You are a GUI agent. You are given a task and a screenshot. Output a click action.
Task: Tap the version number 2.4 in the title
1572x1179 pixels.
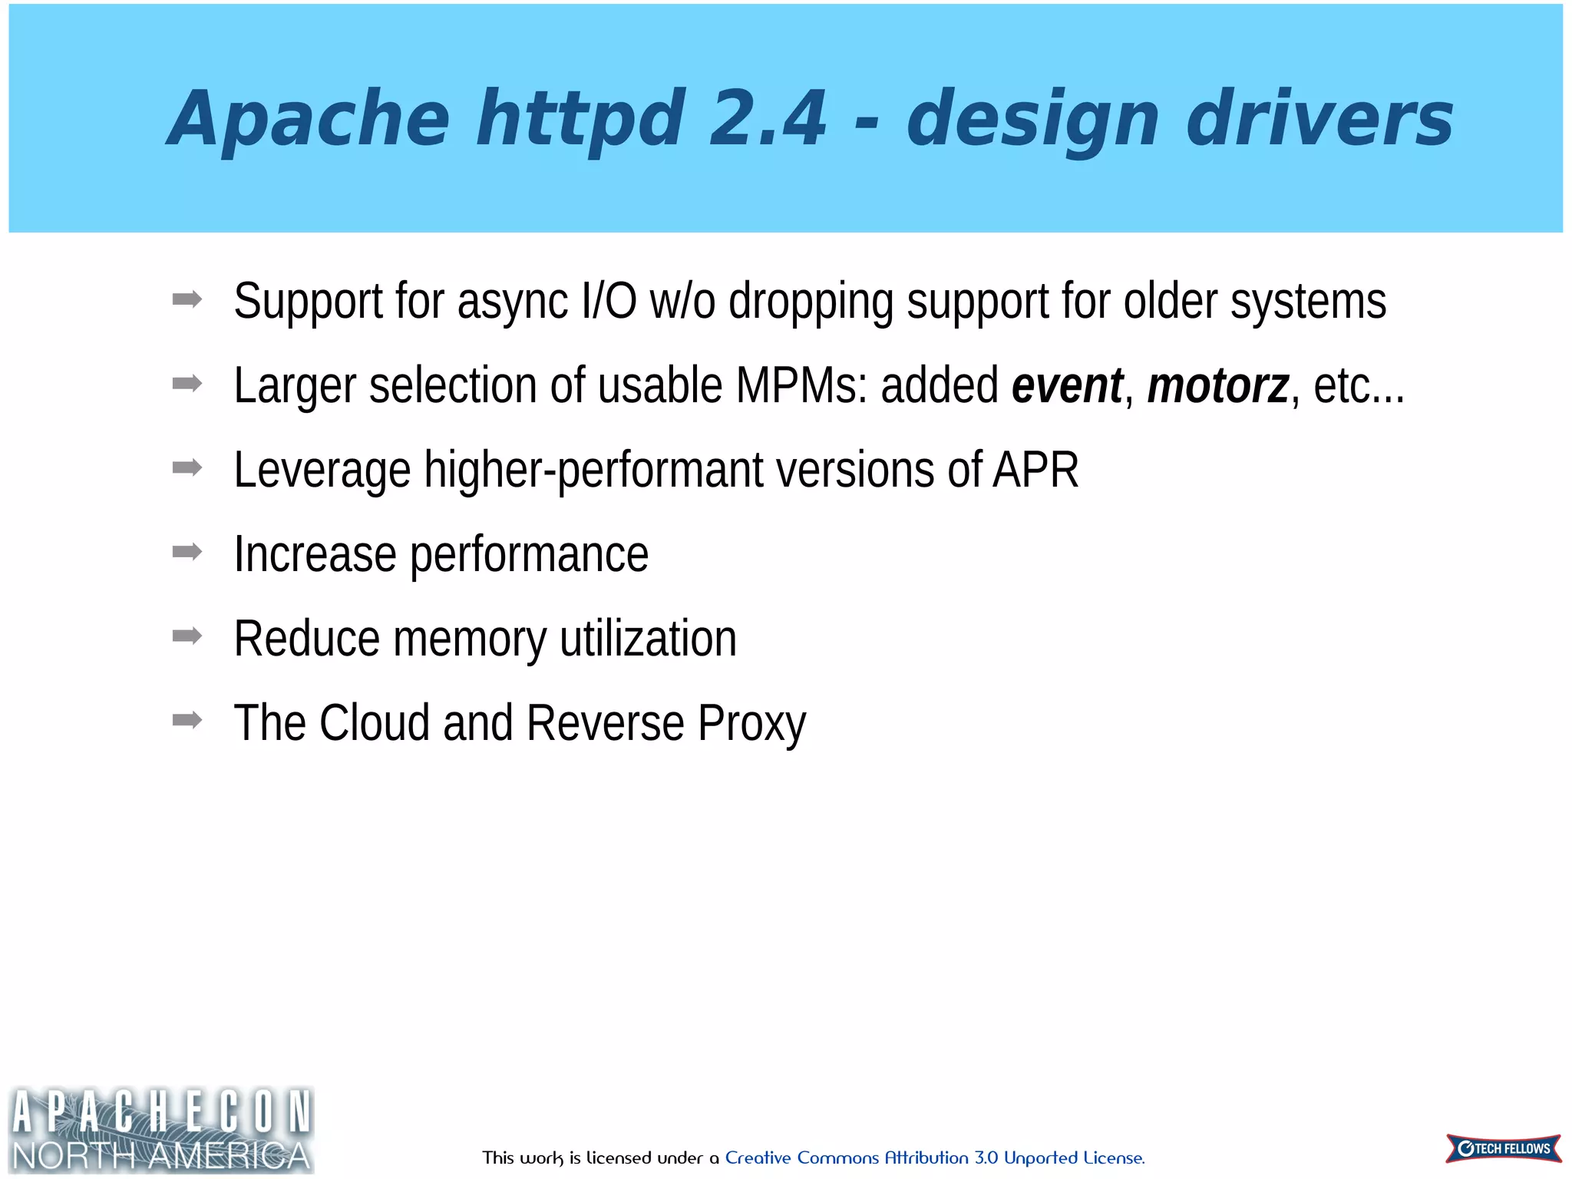click(768, 118)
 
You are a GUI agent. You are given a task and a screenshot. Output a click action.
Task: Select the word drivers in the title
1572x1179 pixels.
click(1319, 118)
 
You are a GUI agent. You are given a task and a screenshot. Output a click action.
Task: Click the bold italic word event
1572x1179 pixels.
click(1067, 385)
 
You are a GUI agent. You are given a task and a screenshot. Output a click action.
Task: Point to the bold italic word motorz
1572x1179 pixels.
click(1218, 385)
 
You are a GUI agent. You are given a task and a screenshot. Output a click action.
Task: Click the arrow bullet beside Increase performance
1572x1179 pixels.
click(187, 551)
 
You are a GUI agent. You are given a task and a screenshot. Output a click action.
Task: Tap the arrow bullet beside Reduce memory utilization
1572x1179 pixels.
click(187, 636)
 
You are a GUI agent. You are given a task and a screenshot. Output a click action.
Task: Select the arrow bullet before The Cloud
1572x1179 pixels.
click(187, 720)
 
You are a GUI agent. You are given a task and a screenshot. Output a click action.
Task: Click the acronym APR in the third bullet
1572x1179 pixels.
click(1035, 470)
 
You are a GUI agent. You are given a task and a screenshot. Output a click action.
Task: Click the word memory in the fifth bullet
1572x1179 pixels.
click(470, 639)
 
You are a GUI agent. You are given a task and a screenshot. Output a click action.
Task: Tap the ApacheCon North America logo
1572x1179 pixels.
click(161, 1130)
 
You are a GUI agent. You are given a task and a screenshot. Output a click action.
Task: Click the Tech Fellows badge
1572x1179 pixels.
click(1504, 1148)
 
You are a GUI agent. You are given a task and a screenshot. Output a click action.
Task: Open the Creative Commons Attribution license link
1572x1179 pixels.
click(934, 1158)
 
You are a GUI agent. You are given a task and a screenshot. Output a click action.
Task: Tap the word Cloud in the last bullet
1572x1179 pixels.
click(374, 723)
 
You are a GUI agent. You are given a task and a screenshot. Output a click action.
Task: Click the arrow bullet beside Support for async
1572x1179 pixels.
click(187, 299)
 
